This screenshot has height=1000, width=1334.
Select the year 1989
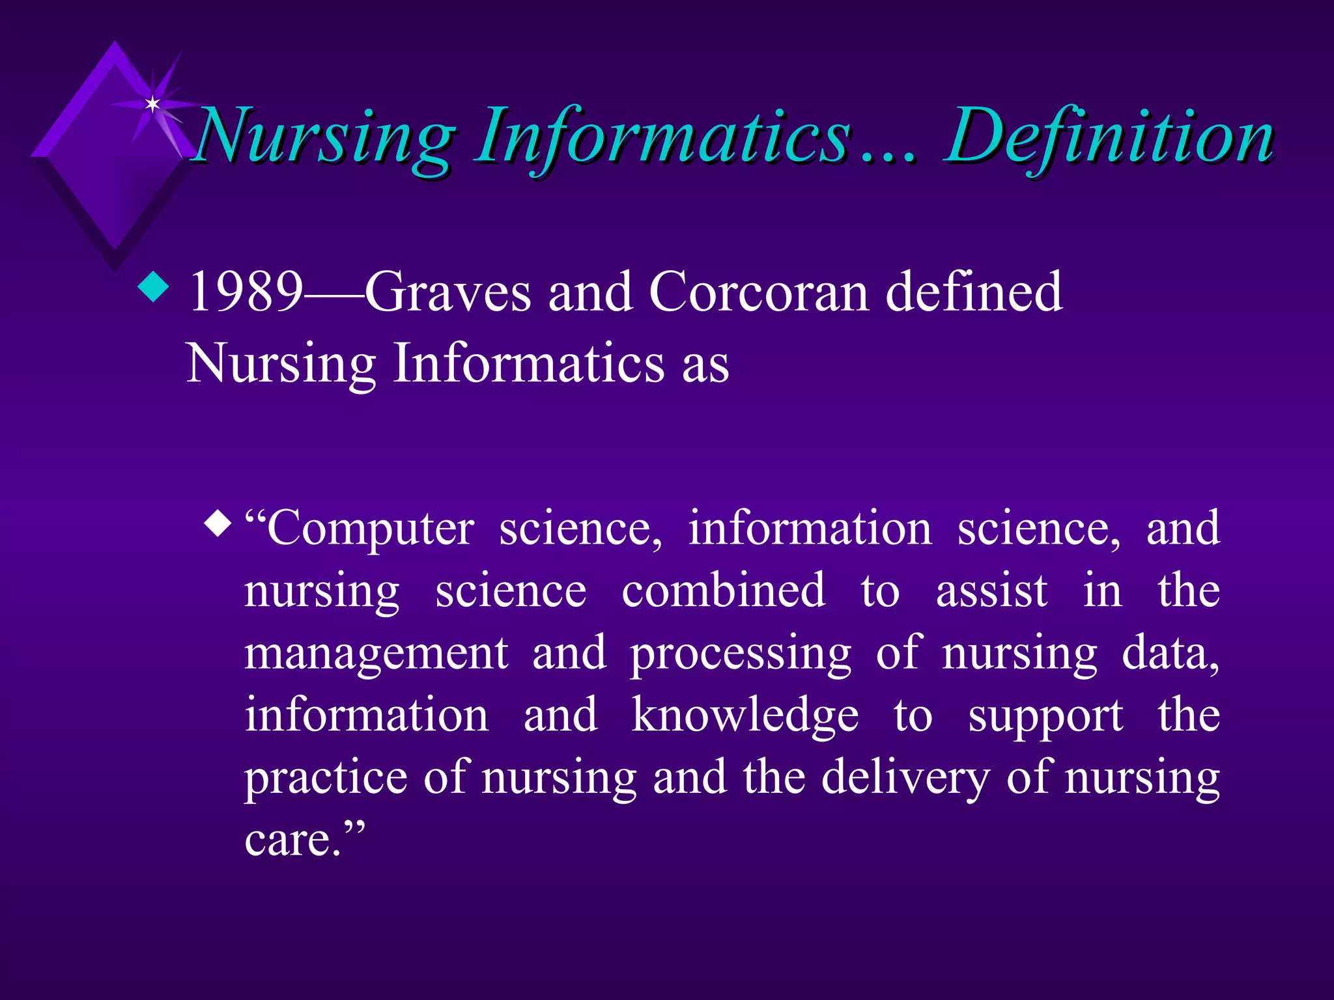click(246, 292)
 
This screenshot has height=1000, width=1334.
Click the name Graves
click(447, 292)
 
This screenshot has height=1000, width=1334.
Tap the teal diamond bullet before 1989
click(154, 286)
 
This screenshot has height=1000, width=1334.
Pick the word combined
click(723, 590)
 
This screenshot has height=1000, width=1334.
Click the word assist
click(991, 590)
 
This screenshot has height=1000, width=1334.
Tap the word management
click(376, 653)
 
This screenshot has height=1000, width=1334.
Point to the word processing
click(741, 653)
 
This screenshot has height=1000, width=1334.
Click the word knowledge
click(745, 715)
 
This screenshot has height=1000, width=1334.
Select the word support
click(1045, 715)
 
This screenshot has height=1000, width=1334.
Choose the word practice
click(326, 777)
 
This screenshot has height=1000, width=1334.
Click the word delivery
click(905, 777)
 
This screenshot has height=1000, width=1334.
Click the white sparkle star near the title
click(152, 104)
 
